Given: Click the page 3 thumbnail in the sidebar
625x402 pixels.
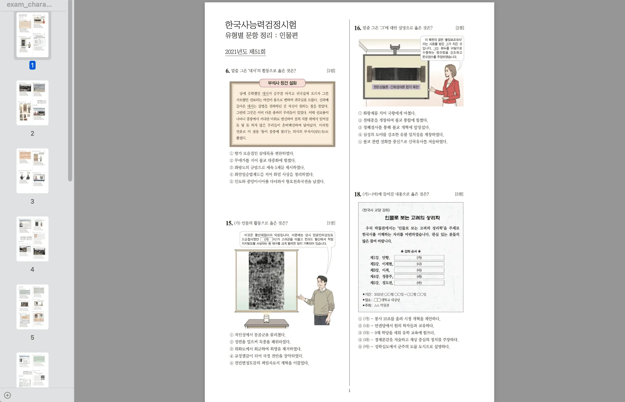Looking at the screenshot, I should [32, 171].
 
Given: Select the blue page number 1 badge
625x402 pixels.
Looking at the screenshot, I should [32, 65].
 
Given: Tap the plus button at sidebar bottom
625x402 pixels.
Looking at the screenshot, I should [7, 395].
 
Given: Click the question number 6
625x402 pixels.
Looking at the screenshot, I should [227, 71].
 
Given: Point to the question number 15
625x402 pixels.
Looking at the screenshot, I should [229, 223].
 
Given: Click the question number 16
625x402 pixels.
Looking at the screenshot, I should [358, 28].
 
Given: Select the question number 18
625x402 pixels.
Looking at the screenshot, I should [358, 195].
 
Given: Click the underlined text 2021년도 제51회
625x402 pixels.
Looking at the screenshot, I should [245, 52].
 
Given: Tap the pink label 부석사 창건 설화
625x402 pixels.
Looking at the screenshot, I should [282, 83].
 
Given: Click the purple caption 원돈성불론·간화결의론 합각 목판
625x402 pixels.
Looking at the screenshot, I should [396, 87].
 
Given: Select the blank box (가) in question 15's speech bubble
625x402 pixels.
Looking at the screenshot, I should [266, 239].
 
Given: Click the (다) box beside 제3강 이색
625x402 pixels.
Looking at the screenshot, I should [419, 270].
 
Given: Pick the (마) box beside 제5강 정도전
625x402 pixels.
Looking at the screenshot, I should [419, 283].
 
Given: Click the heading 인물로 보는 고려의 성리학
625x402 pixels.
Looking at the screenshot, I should [412, 218].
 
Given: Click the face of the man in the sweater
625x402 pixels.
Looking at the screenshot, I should [322, 283].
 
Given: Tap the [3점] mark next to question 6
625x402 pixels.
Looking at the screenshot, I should [331, 71].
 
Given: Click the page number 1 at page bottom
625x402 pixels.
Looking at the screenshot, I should [349, 390].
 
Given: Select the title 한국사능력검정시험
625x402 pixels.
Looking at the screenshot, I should [261, 25].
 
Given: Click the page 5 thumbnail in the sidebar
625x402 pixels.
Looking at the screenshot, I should [32, 307].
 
